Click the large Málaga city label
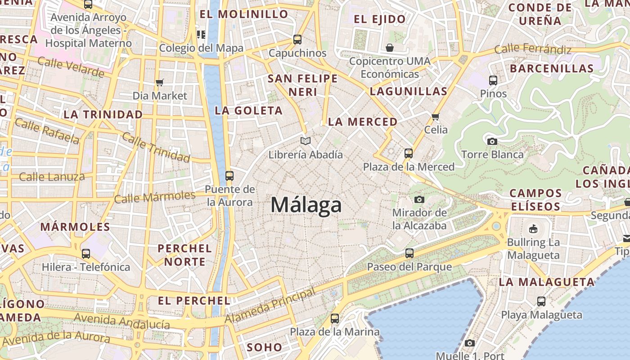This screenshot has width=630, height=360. pos(306,205)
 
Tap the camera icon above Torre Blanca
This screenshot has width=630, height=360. pos(492,141)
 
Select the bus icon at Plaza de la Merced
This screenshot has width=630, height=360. pos(409,153)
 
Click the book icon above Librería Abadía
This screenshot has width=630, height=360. pos(306,141)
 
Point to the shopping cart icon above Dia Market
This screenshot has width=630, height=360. pos(159,82)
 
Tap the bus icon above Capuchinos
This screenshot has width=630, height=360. pos(297,40)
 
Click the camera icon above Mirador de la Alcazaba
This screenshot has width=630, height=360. pos(419,199)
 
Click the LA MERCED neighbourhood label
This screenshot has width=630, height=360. pos(363,121)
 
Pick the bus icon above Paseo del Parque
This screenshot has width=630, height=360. pos(409,253)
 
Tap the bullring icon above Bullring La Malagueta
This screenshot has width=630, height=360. pos(533,229)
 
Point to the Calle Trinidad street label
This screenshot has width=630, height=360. pos(156,148)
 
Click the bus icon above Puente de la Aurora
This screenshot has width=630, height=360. pos(229,176)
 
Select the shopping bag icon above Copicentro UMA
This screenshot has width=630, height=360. pos(390,47)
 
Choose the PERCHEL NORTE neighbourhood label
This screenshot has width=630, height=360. pos(184,255)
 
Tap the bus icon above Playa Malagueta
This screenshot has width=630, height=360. pos(541,301)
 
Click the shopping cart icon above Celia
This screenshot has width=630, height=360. pos(435,117)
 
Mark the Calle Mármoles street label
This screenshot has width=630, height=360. pos(155,197)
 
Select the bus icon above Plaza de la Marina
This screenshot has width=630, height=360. pos(334,319)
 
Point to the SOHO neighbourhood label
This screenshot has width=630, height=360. pos(264,347)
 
